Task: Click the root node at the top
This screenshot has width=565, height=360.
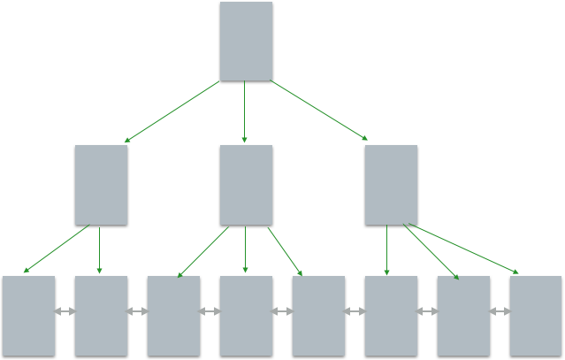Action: (x=246, y=42)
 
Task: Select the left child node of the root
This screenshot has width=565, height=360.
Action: (x=101, y=186)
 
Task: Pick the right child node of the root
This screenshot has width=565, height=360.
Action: (x=391, y=186)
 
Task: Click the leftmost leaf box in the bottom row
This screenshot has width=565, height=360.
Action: (x=28, y=317)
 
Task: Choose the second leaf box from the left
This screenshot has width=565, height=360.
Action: (x=101, y=317)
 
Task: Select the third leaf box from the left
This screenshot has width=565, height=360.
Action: (x=173, y=317)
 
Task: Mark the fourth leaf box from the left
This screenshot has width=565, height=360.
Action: (x=246, y=317)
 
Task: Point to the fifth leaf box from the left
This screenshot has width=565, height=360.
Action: (x=318, y=317)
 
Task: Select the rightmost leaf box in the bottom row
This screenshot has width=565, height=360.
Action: (x=536, y=317)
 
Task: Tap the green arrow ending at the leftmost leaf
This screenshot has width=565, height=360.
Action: (x=55, y=250)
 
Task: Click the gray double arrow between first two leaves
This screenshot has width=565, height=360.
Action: (x=65, y=311)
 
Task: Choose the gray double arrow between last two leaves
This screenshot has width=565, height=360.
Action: (x=500, y=311)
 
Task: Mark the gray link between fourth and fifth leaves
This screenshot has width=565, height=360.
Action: (x=282, y=311)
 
